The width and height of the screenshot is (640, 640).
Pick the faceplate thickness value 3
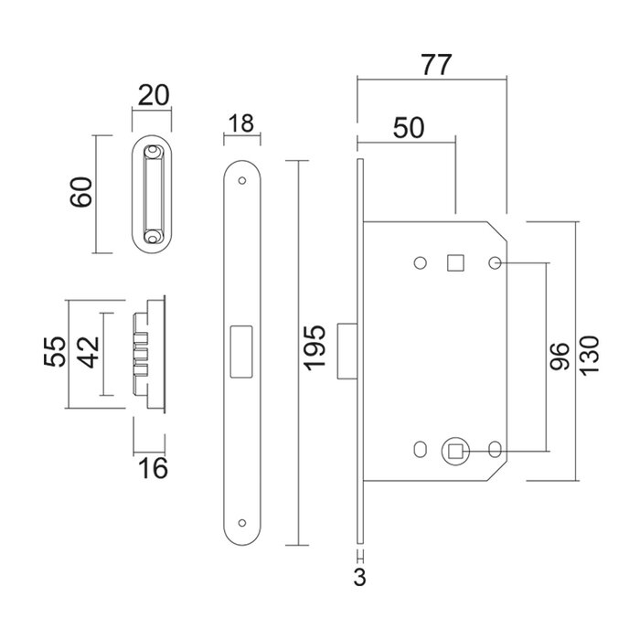(x=361, y=577)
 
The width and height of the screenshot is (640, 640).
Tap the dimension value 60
(x=81, y=193)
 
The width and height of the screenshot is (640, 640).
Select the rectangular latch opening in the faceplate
(x=242, y=350)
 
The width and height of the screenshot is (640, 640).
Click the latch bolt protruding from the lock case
(x=348, y=349)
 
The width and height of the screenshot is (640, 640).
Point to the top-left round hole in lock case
(x=420, y=263)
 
